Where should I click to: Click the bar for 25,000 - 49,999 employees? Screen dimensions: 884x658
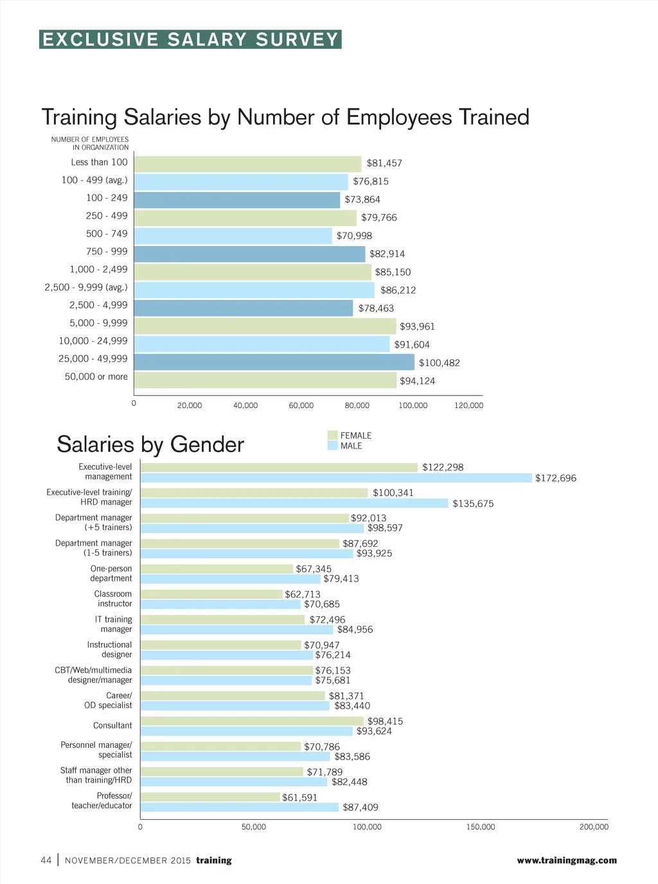(x=274, y=362)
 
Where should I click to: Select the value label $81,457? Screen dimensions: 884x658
(x=384, y=163)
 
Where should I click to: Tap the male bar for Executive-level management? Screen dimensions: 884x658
(x=336, y=478)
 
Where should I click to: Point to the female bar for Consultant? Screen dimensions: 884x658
(x=252, y=721)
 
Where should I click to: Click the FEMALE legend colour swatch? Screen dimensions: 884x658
(x=332, y=436)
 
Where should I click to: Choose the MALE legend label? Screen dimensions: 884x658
(x=351, y=446)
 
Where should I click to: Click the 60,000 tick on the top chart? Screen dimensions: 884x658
(x=301, y=405)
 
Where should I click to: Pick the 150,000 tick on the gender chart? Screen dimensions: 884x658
(x=481, y=827)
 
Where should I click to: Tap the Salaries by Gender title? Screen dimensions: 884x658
(x=150, y=445)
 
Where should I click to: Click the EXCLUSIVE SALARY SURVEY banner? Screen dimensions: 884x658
(x=190, y=40)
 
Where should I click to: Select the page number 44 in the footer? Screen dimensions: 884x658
(x=46, y=860)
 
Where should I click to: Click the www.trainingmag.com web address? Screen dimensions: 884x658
(x=567, y=860)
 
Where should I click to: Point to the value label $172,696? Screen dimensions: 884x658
(x=556, y=478)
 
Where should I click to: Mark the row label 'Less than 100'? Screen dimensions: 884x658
(x=99, y=163)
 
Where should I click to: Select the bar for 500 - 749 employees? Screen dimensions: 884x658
(x=233, y=236)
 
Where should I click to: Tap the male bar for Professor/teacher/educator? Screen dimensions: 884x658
(x=239, y=808)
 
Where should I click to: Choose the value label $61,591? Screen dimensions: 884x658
(x=300, y=797)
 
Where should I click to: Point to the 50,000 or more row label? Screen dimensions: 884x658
(x=96, y=376)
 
